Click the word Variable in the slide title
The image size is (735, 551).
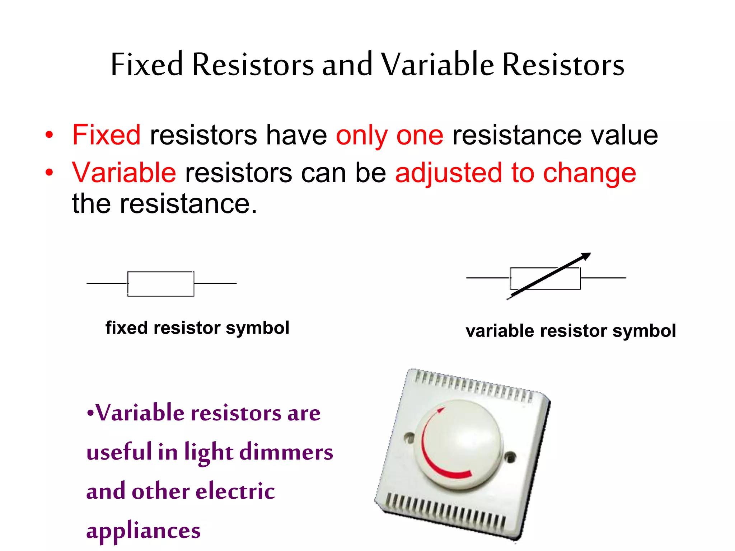click(x=437, y=65)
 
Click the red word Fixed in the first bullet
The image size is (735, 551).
click(x=106, y=135)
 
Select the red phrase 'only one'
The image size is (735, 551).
click(x=389, y=135)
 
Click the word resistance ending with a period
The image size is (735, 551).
click(x=188, y=204)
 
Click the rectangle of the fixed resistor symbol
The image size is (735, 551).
click(x=161, y=284)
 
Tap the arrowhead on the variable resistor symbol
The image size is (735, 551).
click(x=585, y=256)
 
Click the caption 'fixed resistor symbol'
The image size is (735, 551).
click(x=197, y=328)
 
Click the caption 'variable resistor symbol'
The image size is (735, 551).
click(x=570, y=331)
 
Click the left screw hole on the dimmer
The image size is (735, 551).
click(x=409, y=437)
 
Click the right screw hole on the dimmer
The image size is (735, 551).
click(x=510, y=457)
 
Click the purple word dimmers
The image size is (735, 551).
click(x=286, y=452)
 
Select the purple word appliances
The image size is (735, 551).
click(x=143, y=531)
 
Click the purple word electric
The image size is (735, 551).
click(x=235, y=491)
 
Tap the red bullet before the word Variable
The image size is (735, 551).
click(x=49, y=173)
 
